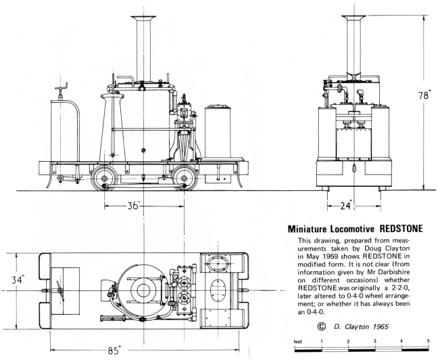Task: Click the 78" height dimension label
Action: point(423,95)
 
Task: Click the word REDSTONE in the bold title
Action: point(388,229)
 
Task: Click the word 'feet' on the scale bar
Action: point(294,341)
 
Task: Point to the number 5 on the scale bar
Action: point(428,341)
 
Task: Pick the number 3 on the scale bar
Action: point(374,341)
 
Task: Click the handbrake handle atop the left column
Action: point(64,87)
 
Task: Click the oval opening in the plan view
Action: point(219,261)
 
